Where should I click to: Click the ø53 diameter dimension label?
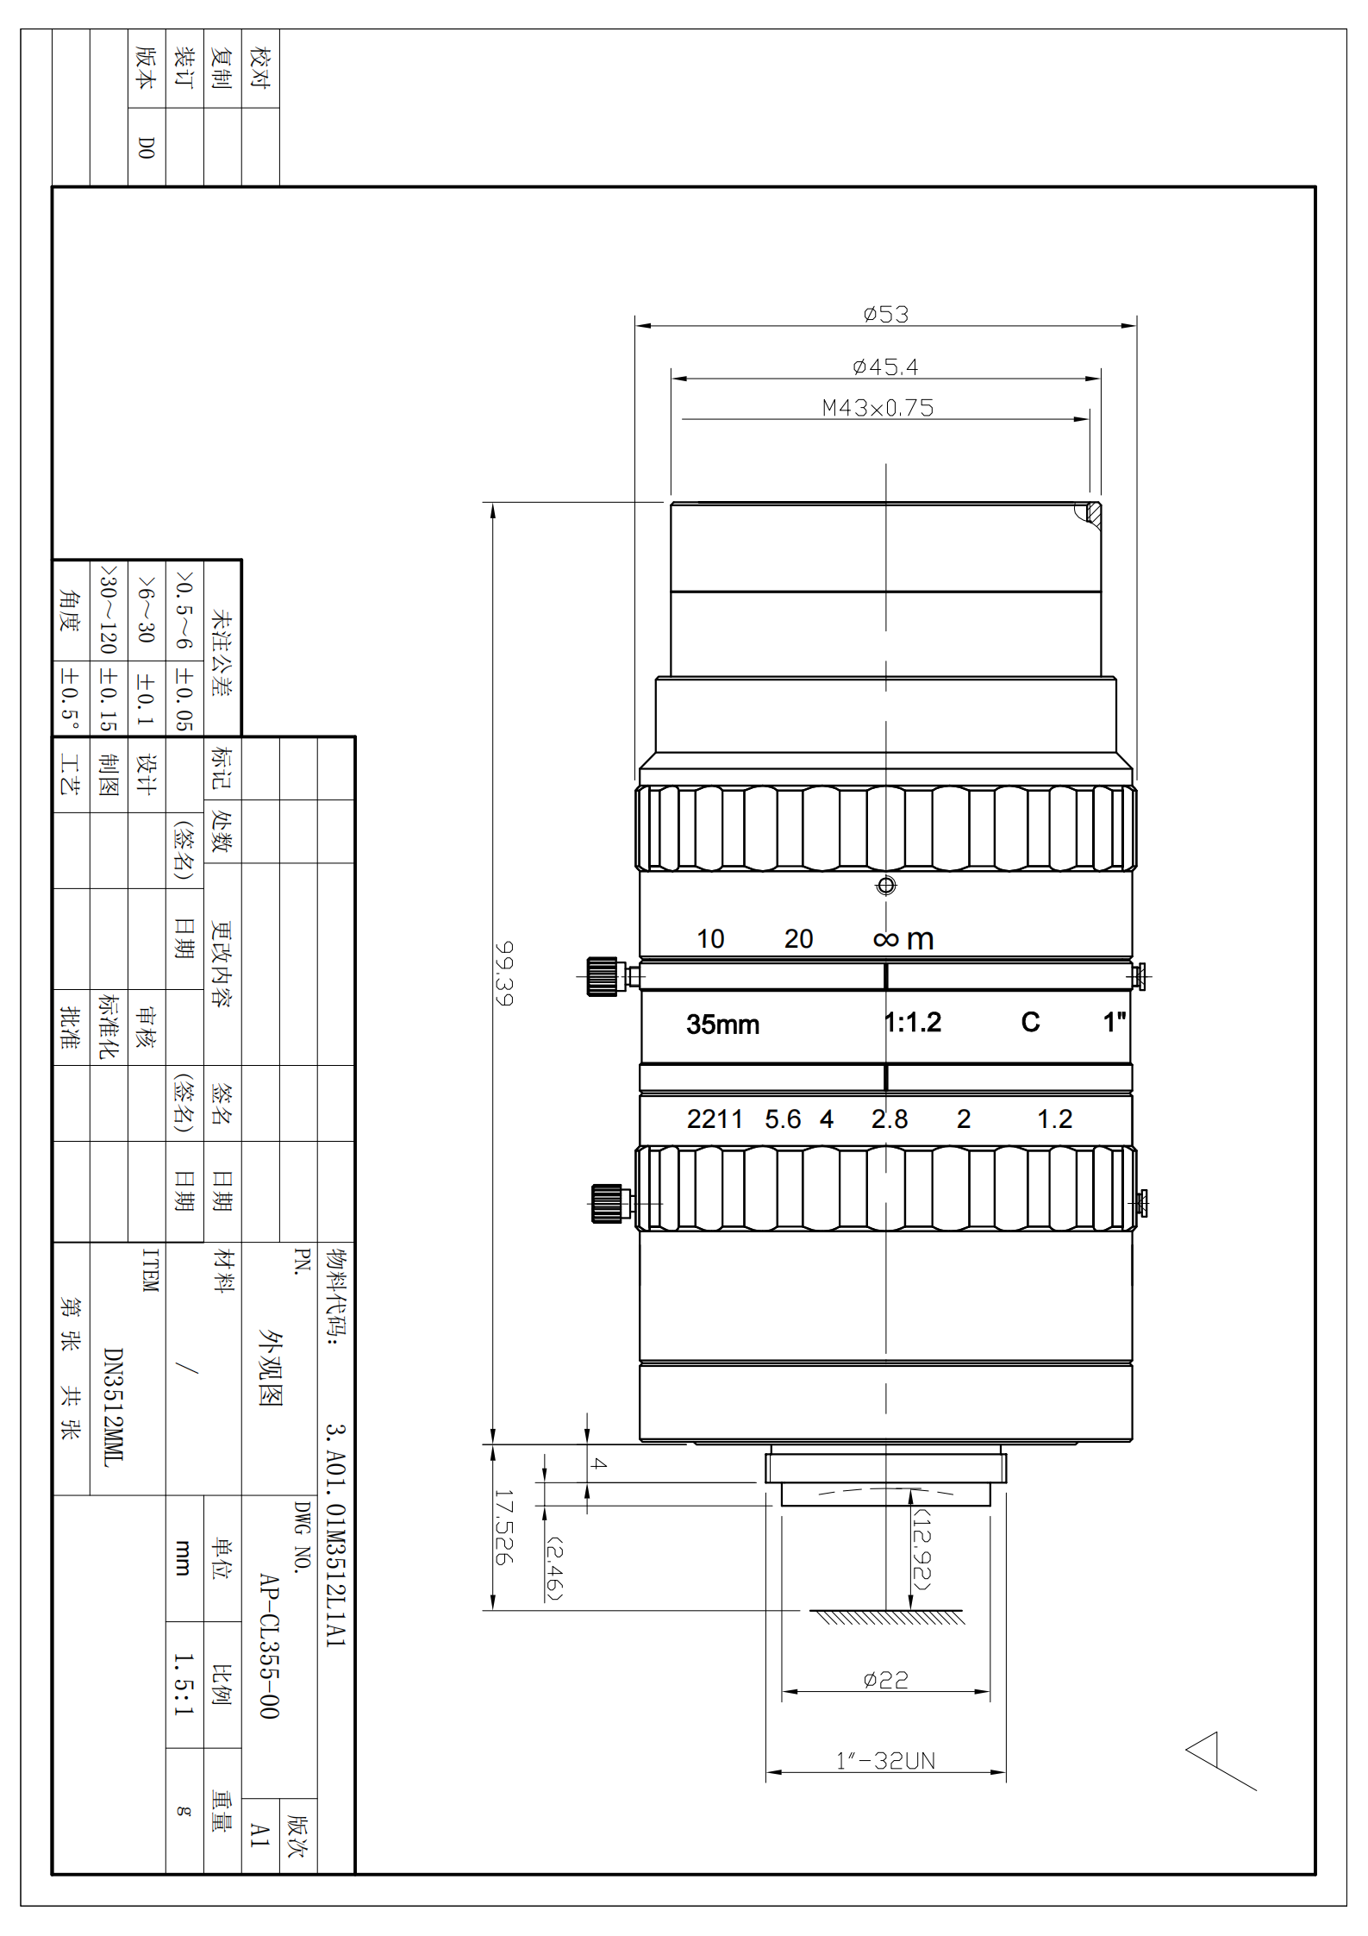885,314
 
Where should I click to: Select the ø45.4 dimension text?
885,367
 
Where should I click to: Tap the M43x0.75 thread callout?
878,408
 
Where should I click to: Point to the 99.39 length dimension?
504,973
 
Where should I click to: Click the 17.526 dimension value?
504,1527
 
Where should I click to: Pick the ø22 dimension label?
885,1680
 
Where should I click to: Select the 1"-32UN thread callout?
885,1761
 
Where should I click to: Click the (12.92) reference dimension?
922,1549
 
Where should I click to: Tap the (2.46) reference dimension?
554,1569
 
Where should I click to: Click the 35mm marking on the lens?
722,1024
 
